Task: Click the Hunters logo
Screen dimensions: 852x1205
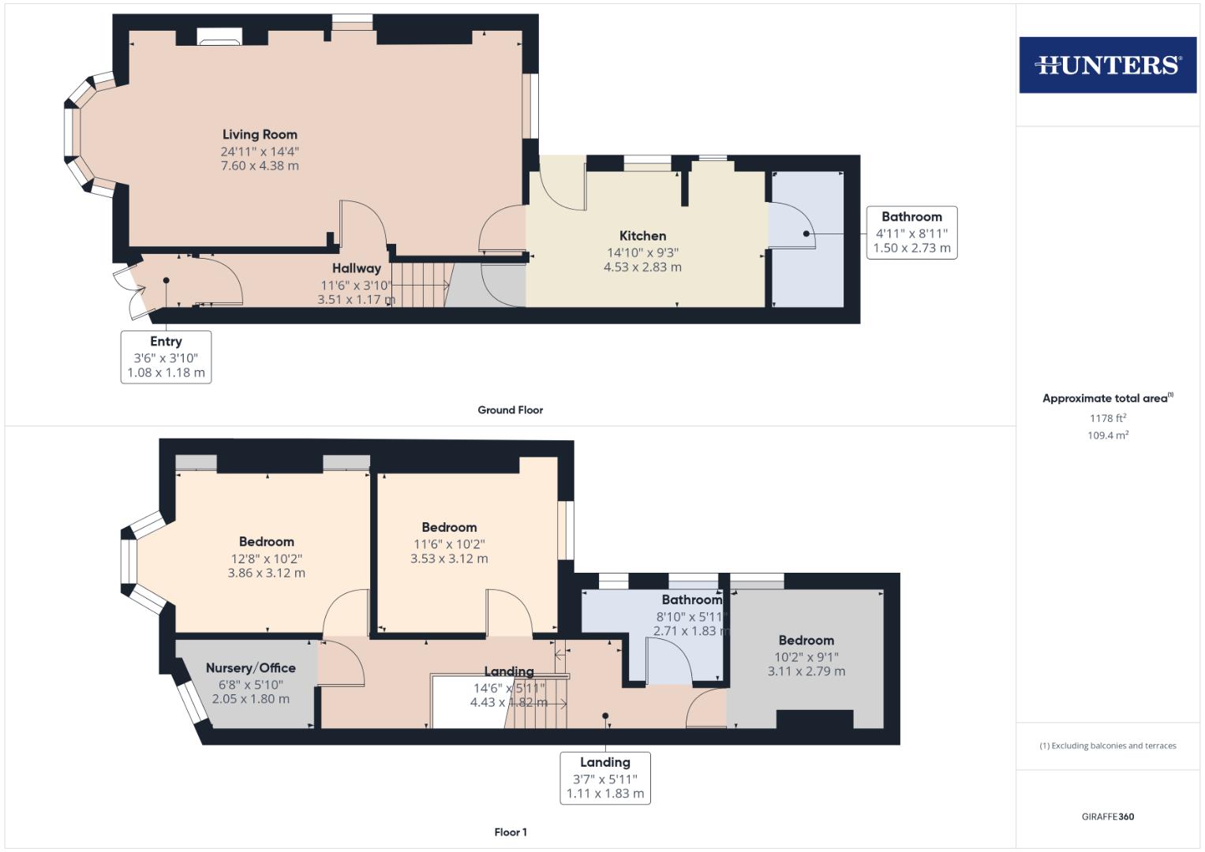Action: tap(1107, 65)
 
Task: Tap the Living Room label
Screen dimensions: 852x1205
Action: tap(260, 135)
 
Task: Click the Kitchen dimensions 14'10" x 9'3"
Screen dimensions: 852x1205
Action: tap(642, 252)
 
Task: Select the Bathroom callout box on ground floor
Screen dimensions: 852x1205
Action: tap(911, 232)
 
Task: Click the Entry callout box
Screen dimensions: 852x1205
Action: tap(166, 357)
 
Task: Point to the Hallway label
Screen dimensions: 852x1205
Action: tap(356, 268)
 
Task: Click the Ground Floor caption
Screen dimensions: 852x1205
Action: tap(510, 410)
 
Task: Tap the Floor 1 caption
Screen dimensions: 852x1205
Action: tap(510, 832)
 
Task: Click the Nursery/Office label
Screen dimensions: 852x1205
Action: tap(250, 668)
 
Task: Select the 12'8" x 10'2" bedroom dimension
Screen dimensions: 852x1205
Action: tap(266, 559)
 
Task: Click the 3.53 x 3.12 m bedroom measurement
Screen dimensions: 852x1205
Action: tap(449, 559)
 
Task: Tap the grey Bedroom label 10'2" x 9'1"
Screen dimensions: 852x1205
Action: tap(806, 641)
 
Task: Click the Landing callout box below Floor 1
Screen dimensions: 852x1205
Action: tap(605, 778)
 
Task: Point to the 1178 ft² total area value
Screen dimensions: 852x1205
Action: tap(1107, 418)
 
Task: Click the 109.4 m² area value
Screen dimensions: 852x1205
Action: tap(1107, 435)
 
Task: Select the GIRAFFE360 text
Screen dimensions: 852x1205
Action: tap(1107, 816)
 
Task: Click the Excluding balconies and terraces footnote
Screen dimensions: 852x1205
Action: tap(1107, 745)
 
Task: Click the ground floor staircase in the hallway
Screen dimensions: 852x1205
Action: tap(420, 284)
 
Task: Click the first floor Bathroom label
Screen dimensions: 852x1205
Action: tap(691, 600)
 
